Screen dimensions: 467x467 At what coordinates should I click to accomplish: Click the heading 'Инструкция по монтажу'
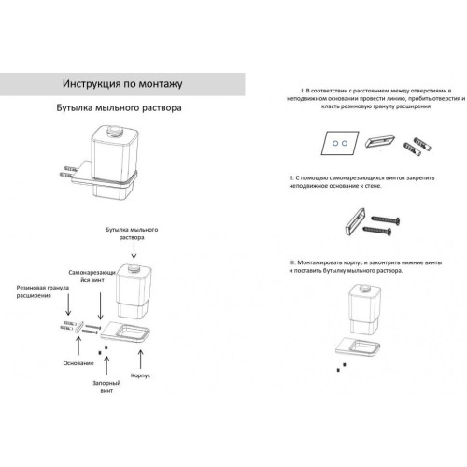(x=122, y=84)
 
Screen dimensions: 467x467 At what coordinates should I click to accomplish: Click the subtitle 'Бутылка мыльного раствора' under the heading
(x=119, y=108)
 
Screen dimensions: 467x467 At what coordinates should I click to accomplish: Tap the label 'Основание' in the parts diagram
(x=78, y=363)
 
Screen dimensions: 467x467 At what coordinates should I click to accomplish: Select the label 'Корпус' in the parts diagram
(x=140, y=375)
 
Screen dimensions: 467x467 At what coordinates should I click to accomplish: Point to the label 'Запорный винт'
(x=106, y=387)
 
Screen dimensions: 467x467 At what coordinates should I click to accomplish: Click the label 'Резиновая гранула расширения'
(x=43, y=291)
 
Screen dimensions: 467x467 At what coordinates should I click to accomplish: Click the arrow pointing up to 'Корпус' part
(x=140, y=360)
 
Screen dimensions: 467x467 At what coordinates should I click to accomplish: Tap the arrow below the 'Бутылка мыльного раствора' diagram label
(x=134, y=250)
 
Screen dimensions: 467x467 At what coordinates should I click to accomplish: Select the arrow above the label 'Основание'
(x=78, y=346)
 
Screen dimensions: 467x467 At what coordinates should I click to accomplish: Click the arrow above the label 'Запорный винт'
(x=106, y=365)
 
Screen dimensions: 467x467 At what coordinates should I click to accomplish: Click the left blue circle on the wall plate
(x=335, y=143)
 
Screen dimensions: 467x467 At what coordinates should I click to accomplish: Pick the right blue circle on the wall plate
(x=344, y=143)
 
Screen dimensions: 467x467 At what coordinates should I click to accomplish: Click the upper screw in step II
(x=386, y=219)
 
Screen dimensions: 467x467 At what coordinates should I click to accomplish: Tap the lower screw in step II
(x=377, y=231)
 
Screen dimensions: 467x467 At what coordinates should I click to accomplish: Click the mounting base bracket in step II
(x=355, y=221)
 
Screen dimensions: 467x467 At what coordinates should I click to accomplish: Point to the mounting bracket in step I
(x=380, y=141)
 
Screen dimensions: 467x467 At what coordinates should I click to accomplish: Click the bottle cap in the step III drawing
(x=364, y=288)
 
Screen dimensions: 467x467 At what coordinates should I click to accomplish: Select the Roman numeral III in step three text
(x=291, y=262)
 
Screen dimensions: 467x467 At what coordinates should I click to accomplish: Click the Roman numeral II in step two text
(x=291, y=178)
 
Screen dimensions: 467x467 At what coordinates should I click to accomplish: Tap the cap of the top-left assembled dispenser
(x=114, y=130)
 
